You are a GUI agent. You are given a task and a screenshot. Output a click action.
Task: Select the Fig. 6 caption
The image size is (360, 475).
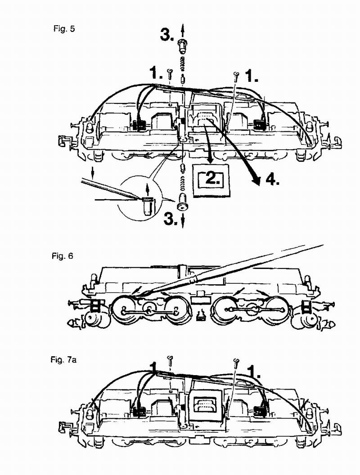(63, 256)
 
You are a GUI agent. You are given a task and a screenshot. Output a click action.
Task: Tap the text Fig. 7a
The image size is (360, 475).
(64, 360)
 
